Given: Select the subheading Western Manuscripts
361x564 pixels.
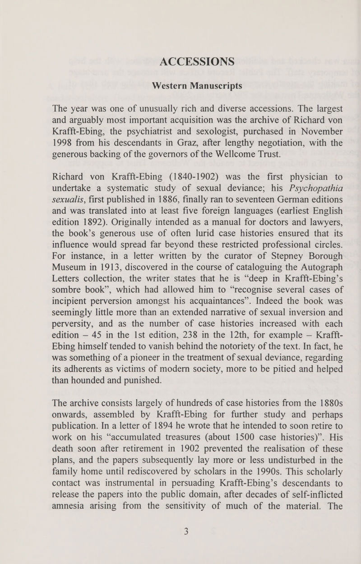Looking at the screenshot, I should (x=197, y=85).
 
